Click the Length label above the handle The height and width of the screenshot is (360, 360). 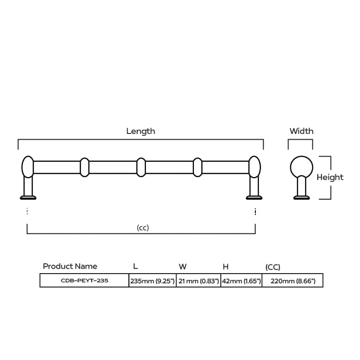click(141, 131)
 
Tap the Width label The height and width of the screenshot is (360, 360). click(301, 131)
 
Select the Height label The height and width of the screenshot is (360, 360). click(330, 177)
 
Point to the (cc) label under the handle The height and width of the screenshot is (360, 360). click(143, 228)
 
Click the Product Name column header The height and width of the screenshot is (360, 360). click(70, 266)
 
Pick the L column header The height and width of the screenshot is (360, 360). click(135, 266)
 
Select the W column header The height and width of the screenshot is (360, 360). click(182, 266)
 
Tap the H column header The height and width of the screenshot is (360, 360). click(226, 266)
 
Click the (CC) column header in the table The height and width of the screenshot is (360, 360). click(273, 267)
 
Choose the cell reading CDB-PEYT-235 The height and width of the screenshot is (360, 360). click(84, 280)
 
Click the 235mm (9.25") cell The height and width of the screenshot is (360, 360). click(153, 281)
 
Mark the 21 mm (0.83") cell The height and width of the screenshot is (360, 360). click(198, 281)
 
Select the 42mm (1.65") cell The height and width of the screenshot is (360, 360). click(241, 281)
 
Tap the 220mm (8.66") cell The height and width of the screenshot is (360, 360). click(292, 281)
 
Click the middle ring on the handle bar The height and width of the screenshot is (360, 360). click(141, 168)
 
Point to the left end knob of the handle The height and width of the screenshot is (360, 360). click(28, 167)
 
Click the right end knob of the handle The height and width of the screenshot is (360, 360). click(254, 167)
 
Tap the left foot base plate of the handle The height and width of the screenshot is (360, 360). click(28, 197)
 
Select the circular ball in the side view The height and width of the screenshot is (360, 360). click(301, 167)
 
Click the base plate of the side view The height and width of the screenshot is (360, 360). click(301, 197)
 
